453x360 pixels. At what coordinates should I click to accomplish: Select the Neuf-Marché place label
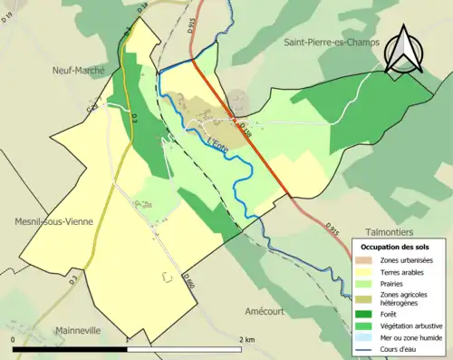click(79, 70)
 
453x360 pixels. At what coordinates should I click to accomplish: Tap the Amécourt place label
click(271, 310)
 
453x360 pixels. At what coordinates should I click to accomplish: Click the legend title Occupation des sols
click(395, 247)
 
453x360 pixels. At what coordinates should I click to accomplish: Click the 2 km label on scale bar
click(247, 339)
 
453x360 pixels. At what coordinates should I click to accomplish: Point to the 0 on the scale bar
click(14, 339)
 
